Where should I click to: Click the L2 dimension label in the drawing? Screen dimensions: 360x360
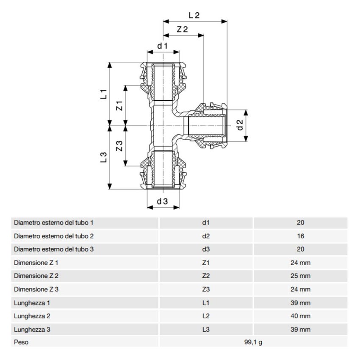click(194, 15)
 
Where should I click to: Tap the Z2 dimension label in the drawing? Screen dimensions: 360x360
click(183, 30)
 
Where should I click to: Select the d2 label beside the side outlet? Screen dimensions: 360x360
click(240, 125)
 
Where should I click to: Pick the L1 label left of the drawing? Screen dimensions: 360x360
click(103, 94)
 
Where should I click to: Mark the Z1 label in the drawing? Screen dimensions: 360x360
click(119, 106)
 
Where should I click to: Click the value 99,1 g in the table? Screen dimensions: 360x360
click(253, 342)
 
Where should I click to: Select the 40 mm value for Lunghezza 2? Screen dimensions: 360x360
click(301, 316)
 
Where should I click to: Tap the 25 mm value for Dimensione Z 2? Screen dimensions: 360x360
click(301, 276)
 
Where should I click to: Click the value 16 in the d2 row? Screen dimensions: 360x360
click(301, 236)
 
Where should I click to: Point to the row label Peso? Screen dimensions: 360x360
click(21, 342)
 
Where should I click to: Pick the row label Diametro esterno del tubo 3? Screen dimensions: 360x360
click(54, 249)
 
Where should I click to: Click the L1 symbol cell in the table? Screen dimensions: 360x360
click(206, 303)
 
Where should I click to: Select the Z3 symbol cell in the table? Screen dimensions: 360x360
click(206, 290)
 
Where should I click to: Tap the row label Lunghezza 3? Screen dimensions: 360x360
click(33, 329)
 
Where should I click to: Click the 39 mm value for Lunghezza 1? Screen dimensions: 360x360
click(301, 303)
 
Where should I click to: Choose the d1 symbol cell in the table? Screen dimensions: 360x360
click(206, 223)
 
